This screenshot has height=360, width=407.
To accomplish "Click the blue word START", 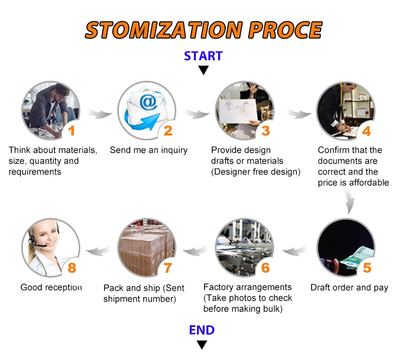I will point(203,56).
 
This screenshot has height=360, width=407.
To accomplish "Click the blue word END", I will point(202,330).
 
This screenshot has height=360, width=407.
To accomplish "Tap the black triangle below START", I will point(203,70).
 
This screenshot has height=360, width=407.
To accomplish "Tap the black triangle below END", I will point(202,345).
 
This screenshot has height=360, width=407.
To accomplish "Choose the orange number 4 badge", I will point(366,131).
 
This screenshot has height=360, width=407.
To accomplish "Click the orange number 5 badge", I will point(367,267).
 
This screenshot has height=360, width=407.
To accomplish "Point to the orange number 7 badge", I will point(168,267).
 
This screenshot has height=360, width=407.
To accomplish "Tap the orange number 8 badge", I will point(72,267).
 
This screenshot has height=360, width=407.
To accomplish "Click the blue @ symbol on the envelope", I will point(148,101).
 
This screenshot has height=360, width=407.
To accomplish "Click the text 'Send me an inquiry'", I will point(148,150).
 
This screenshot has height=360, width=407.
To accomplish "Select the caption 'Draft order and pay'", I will point(349,287).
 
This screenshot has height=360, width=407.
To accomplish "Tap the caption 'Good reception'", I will point(51,287).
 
